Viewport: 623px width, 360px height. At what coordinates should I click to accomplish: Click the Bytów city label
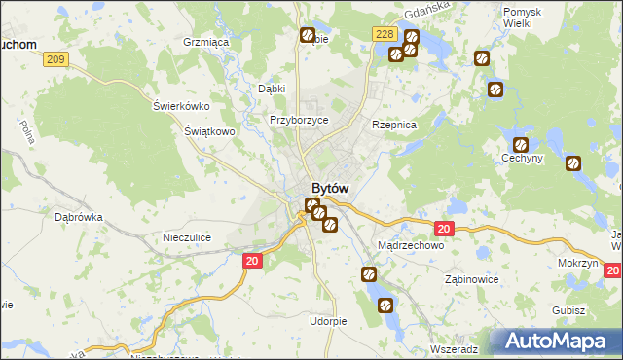pyautogui.click(x=330, y=188)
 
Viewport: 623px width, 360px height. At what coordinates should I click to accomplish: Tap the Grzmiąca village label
pyautogui.click(x=204, y=43)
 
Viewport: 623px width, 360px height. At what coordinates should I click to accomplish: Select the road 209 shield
pyautogui.click(x=56, y=60)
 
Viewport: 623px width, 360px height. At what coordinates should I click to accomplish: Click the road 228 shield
pyautogui.click(x=384, y=34)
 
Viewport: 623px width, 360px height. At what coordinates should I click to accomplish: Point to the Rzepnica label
pyautogui.click(x=394, y=126)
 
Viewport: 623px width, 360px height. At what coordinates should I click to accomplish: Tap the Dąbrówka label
pyautogui.click(x=79, y=218)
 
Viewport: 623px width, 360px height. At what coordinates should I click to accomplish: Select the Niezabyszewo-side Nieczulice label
pyautogui.click(x=188, y=236)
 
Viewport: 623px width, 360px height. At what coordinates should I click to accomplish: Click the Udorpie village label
pyautogui.click(x=328, y=321)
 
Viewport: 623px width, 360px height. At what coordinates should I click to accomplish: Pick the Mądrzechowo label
pyautogui.click(x=410, y=246)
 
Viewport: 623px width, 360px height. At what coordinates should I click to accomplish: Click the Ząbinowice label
pyautogui.click(x=471, y=279)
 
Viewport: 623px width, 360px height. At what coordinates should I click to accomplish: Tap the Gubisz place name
pyautogui.click(x=568, y=310)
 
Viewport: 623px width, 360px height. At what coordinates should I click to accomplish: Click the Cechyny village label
pyautogui.click(x=522, y=159)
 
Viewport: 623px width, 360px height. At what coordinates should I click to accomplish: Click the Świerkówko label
pyautogui.click(x=182, y=106)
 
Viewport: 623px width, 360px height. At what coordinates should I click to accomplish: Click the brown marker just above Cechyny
pyautogui.click(x=521, y=145)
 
